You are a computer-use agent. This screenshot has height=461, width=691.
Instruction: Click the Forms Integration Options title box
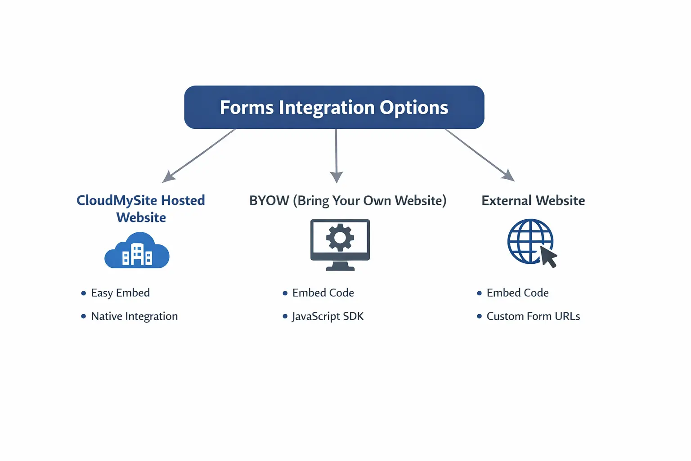tap(334, 107)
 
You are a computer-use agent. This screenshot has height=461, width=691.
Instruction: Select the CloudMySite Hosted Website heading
tap(141, 208)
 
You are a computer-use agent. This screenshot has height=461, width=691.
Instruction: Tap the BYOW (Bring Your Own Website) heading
tap(348, 200)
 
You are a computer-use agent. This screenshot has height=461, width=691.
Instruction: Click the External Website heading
tap(533, 200)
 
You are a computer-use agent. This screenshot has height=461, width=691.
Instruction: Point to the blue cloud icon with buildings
tap(137, 251)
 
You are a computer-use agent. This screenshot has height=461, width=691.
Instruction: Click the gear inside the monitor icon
tap(340, 237)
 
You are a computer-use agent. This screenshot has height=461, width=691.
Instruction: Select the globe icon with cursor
tap(531, 242)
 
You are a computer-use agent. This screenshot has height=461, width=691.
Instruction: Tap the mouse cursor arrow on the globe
tap(548, 257)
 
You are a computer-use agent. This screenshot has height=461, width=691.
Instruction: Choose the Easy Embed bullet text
tap(120, 293)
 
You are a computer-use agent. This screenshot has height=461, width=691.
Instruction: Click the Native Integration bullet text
tap(134, 316)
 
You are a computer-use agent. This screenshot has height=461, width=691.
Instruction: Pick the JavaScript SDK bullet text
tap(328, 316)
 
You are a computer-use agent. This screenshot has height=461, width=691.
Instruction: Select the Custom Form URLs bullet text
tap(533, 316)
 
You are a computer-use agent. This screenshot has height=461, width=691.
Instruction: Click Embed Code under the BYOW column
tap(323, 293)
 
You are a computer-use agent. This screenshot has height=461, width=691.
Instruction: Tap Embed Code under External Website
tap(517, 293)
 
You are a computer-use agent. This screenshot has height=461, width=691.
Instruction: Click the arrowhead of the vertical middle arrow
tap(337, 177)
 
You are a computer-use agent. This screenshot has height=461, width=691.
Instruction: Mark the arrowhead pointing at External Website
tap(509, 176)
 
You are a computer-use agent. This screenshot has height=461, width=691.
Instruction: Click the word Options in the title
tap(414, 108)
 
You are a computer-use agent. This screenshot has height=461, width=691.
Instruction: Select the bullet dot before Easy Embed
tap(83, 294)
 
